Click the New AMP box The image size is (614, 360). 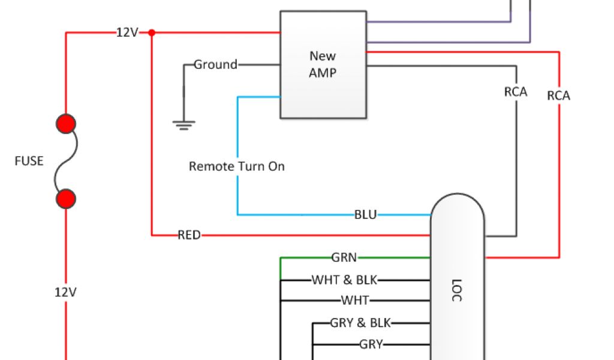[323, 65]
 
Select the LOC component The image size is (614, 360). [457, 282]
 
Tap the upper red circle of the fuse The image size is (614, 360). [66, 124]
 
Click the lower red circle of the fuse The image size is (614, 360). [66, 198]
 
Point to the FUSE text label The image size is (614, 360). [29, 161]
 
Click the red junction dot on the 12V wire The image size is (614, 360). [152, 32]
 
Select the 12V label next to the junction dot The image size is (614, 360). [127, 32]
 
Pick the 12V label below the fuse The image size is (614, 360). [66, 292]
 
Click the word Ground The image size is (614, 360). [215, 65]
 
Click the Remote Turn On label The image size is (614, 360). [237, 166]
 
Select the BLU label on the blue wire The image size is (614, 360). [365, 214]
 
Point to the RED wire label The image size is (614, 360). [189, 235]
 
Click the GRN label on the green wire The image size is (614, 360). [344, 257]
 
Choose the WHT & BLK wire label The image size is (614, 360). [345, 280]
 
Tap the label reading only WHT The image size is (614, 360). [355, 300]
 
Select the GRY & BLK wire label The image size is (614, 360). [360, 323]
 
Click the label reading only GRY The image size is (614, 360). [371, 344]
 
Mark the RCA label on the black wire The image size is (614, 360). [516, 92]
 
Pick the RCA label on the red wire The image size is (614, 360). [559, 95]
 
